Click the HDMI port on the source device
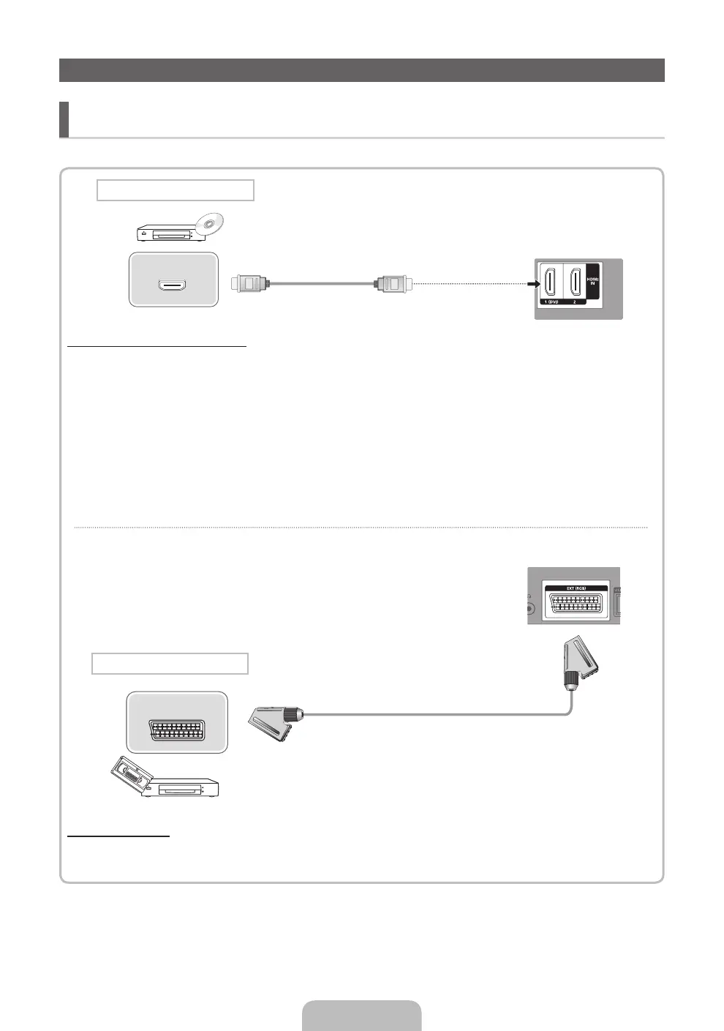pyautogui.click(x=173, y=284)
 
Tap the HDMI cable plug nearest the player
pyautogui.click(x=251, y=282)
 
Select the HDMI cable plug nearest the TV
pyautogui.click(x=393, y=282)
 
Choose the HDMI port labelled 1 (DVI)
pyautogui.click(x=549, y=282)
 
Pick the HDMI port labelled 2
pyautogui.click(x=575, y=282)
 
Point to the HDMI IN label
pyautogui.click(x=593, y=278)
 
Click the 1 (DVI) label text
pyautogui.click(x=550, y=301)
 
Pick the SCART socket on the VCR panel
pyautogui.click(x=177, y=730)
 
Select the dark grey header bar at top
pyautogui.click(x=361, y=70)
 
